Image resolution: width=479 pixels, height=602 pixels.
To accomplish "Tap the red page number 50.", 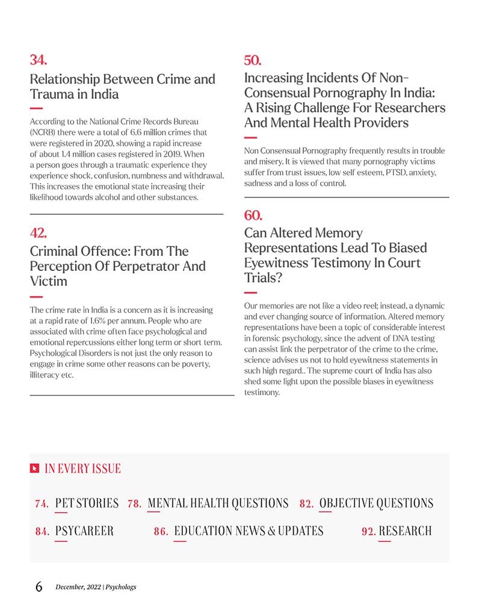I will [x=252, y=60].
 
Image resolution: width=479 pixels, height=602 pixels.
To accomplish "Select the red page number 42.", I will [x=38, y=232].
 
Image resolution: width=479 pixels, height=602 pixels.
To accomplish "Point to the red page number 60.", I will [x=253, y=215].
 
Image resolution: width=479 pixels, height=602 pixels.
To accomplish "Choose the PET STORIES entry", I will [x=87, y=503].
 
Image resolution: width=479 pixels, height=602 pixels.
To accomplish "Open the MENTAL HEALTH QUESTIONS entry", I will [x=218, y=503].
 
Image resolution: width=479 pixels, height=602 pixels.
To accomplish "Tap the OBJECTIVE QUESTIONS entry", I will [x=376, y=503].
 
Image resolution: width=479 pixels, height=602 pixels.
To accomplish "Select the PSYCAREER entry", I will [x=84, y=531].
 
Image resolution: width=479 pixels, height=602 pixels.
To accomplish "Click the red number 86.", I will [x=161, y=532].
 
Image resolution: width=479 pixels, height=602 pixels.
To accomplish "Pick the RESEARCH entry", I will [x=405, y=531].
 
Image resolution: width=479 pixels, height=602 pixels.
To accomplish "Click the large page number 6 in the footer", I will [x=39, y=587].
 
